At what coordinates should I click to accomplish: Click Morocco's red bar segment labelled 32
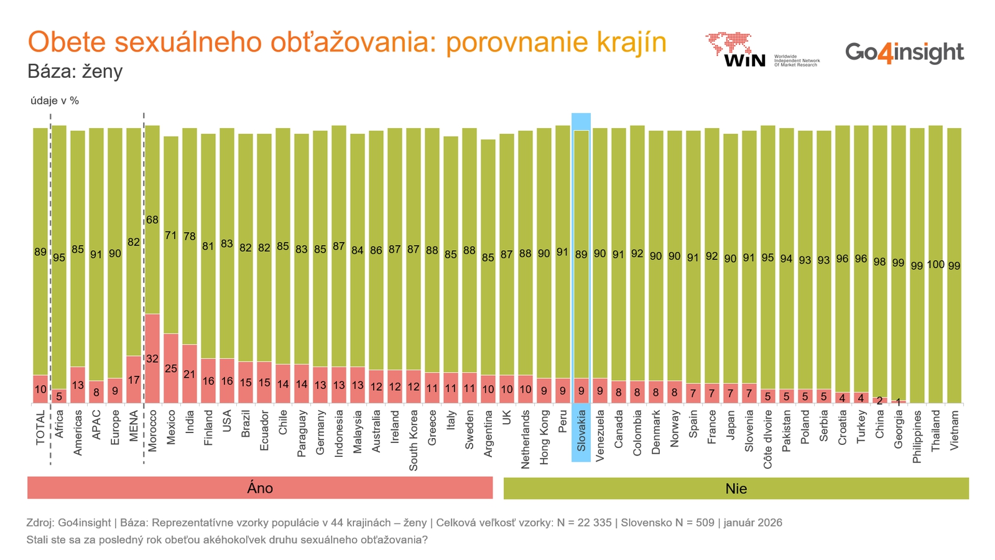pyautogui.click(x=152, y=358)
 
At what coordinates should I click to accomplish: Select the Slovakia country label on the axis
pyautogui.click(x=581, y=430)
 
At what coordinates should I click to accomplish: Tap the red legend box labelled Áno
pyautogui.click(x=260, y=488)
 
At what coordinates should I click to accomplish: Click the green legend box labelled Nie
pyautogui.click(x=736, y=488)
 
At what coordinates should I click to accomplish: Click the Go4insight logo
pyautogui.click(x=904, y=52)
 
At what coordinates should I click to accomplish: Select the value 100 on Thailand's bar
pyautogui.click(x=935, y=264)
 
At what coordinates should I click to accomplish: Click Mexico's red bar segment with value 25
pyautogui.click(x=171, y=368)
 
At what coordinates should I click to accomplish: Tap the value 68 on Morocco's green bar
pyautogui.click(x=152, y=220)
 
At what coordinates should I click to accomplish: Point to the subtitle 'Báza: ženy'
pyautogui.click(x=75, y=71)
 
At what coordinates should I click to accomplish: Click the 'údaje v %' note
pyautogui.click(x=55, y=101)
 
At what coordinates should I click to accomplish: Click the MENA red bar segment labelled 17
pyautogui.click(x=134, y=380)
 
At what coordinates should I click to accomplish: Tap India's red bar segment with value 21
pyautogui.click(x=190, y=374)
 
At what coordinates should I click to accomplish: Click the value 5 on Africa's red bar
pyautogui.click(x=59, y=396)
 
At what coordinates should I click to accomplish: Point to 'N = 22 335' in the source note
pyautogui.click(x=581, y=523)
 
